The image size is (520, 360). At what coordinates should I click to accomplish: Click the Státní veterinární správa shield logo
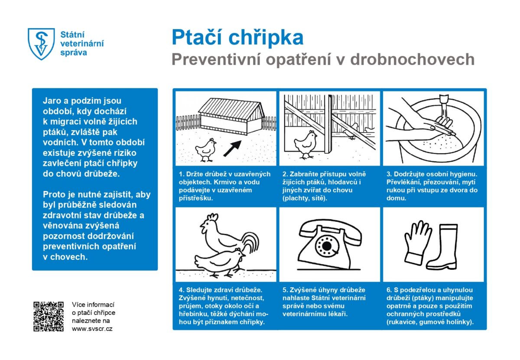point(42,44)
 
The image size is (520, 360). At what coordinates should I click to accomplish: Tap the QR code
point(49,316)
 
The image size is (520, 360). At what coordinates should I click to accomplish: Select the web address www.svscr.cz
point(92,329)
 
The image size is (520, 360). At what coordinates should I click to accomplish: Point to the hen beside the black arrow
point(205,149)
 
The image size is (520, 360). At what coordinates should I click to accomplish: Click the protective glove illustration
point(417,242)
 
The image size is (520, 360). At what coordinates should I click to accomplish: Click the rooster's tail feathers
point(250,243)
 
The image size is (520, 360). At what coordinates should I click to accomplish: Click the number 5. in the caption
point(285,290)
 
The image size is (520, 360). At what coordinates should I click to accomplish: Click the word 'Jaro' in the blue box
point(52,101)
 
